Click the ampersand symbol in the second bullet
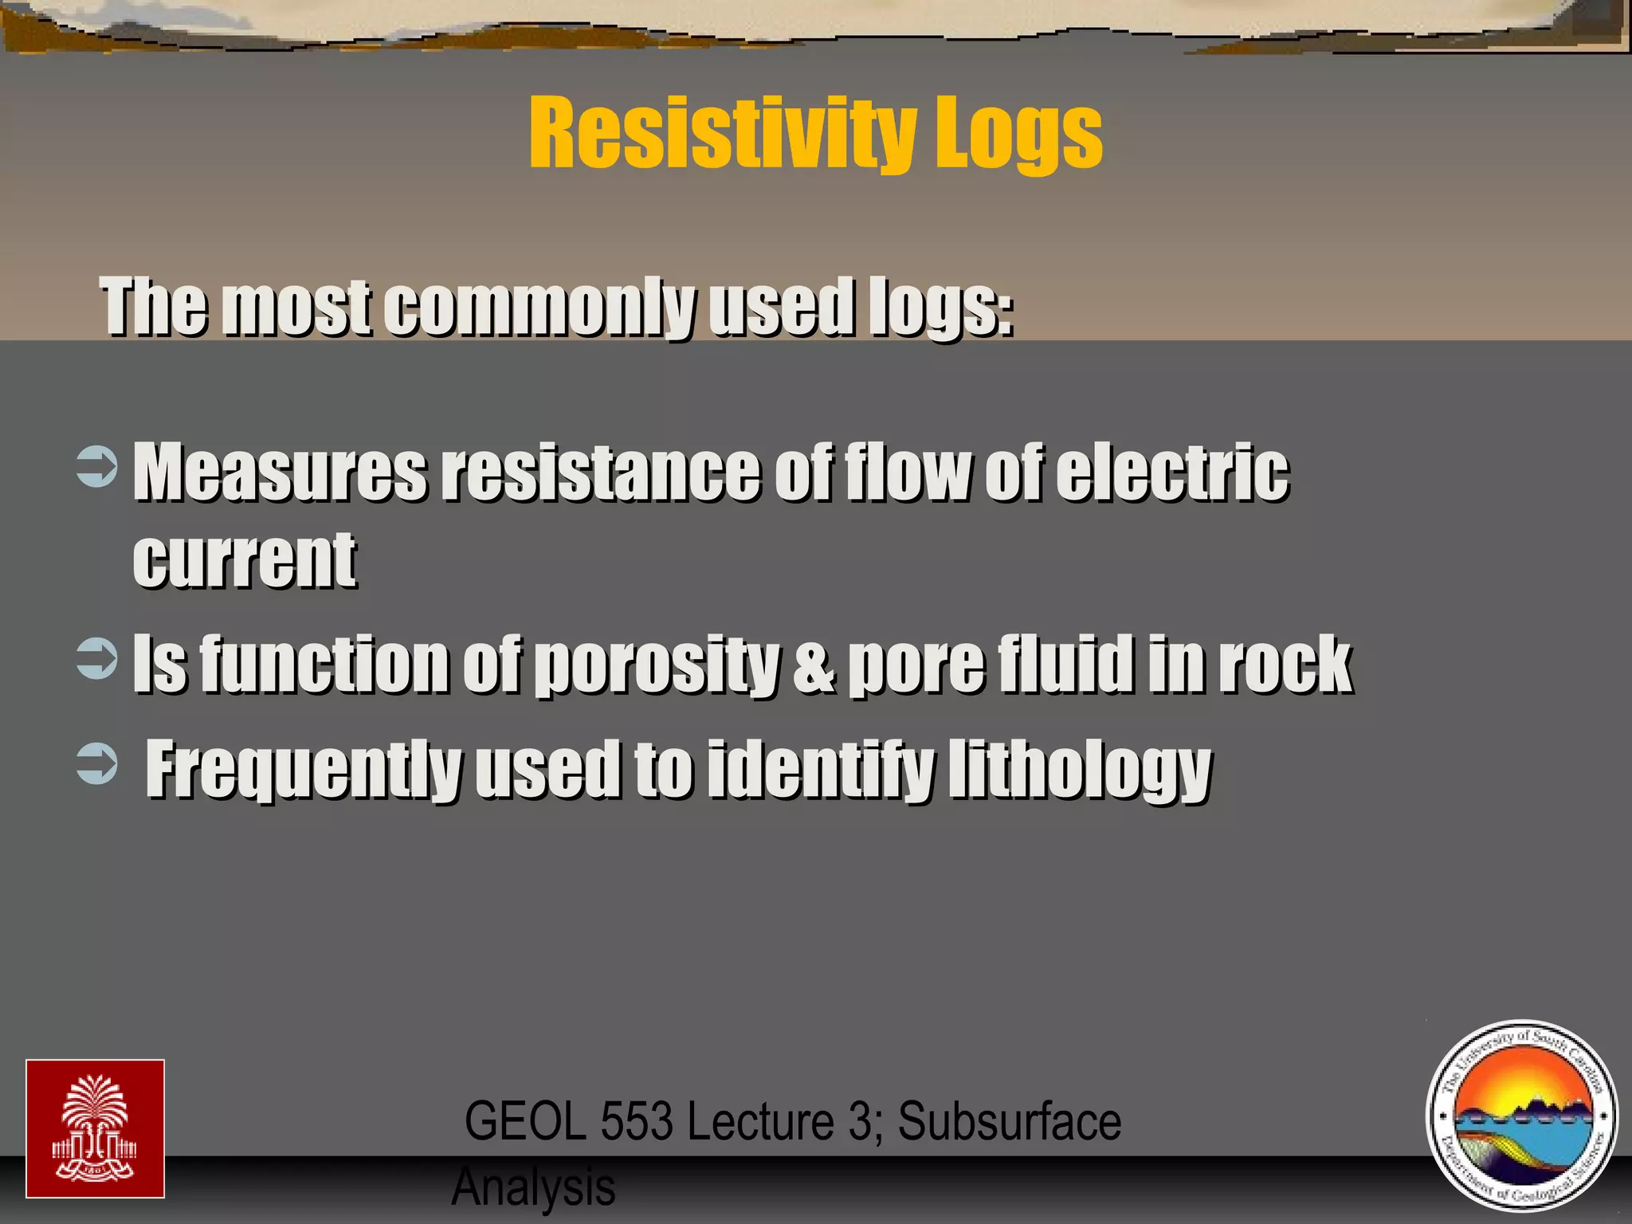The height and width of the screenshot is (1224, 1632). [814, 665]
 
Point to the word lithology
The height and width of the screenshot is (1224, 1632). [1080, 769]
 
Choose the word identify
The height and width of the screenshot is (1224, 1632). [820, 769]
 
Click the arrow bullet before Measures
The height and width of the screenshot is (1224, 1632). [96, 467]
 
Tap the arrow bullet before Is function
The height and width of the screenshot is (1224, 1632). [96, 658]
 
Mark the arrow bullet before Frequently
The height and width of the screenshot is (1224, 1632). [96, 765]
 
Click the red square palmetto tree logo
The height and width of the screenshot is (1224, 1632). [95, 1128]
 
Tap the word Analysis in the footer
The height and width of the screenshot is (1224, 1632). [533, 1187]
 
